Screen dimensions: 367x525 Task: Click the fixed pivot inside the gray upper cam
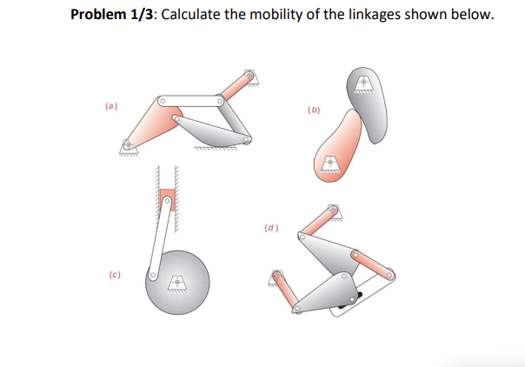pos(362,83)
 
